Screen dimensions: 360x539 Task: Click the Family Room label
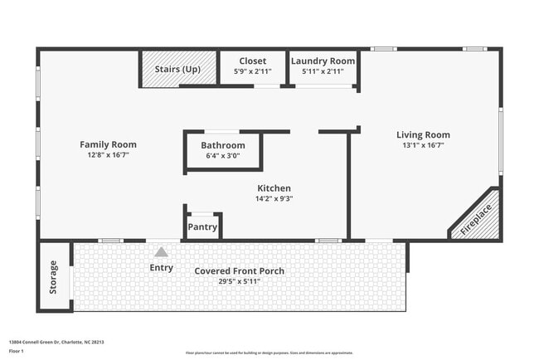(x=108, y=144)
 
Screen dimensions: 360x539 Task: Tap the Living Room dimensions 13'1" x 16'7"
(x=423, y=145)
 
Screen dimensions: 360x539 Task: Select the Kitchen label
(x=274, y=188)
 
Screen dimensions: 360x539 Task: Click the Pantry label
(x=202, y=227)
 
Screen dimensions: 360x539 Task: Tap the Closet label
(x=252, y=61)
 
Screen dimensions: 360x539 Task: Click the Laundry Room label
(x=323, y=61)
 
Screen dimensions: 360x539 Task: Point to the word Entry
(x=161, y=267)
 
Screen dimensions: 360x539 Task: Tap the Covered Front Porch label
(x=239, y=271)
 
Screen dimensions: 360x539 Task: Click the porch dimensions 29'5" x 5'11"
(x=239, y=281)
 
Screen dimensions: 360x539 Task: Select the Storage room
(x=54, y=276)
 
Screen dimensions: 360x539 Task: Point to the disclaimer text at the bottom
(x=269, y=353)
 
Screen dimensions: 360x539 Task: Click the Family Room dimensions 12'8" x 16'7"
(x=108, y=155)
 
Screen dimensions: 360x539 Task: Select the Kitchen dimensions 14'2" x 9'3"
(x=274, y=198)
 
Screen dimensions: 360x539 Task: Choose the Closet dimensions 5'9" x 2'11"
(x=252, y=72)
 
